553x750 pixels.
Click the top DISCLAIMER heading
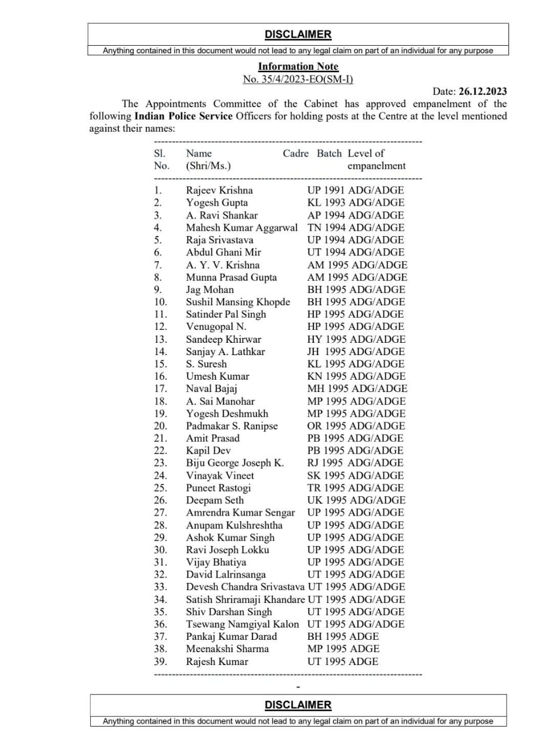point(298,35)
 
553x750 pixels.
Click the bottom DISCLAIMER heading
point(298,705)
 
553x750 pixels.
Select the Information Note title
point(298,66)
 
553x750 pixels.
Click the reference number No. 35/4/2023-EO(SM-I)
point(298,79)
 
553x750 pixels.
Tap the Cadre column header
point(295,153)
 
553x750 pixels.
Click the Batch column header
point(329,153)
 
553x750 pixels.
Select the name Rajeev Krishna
point(220,190)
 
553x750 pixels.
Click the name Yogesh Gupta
point(217,203)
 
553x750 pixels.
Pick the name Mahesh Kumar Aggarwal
point(242,227)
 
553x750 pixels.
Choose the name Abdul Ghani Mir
point(223,252)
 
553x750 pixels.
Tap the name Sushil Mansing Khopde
point(238,302)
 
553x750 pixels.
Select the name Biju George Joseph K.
point(235,463)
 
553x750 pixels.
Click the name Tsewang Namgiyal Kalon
point(243,624)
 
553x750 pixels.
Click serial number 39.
point(161,662)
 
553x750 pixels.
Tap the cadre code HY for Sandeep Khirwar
point(315,339)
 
